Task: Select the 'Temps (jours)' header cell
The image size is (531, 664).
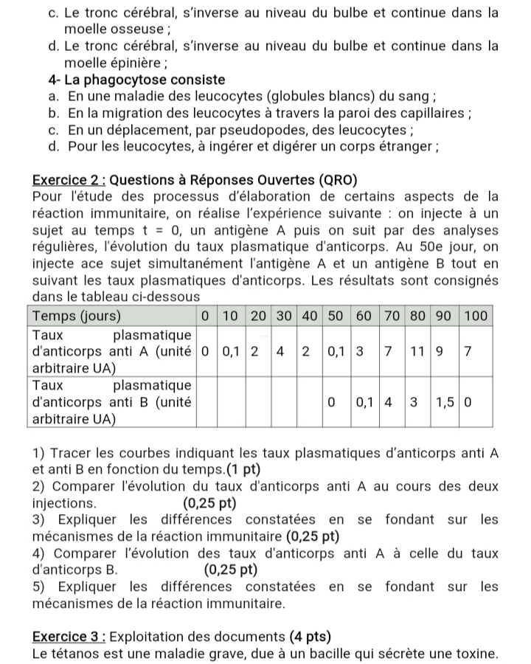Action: (x=74, y=316)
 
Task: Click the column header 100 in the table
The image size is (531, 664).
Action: (x=476, y=316)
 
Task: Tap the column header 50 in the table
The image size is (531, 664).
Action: (x=336, y=316)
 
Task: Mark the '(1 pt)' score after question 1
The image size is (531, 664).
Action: (x=240, y=468)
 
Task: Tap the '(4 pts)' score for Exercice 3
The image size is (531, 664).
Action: (x=306, y=637)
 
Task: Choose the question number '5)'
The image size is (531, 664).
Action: (x=41, y=587)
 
